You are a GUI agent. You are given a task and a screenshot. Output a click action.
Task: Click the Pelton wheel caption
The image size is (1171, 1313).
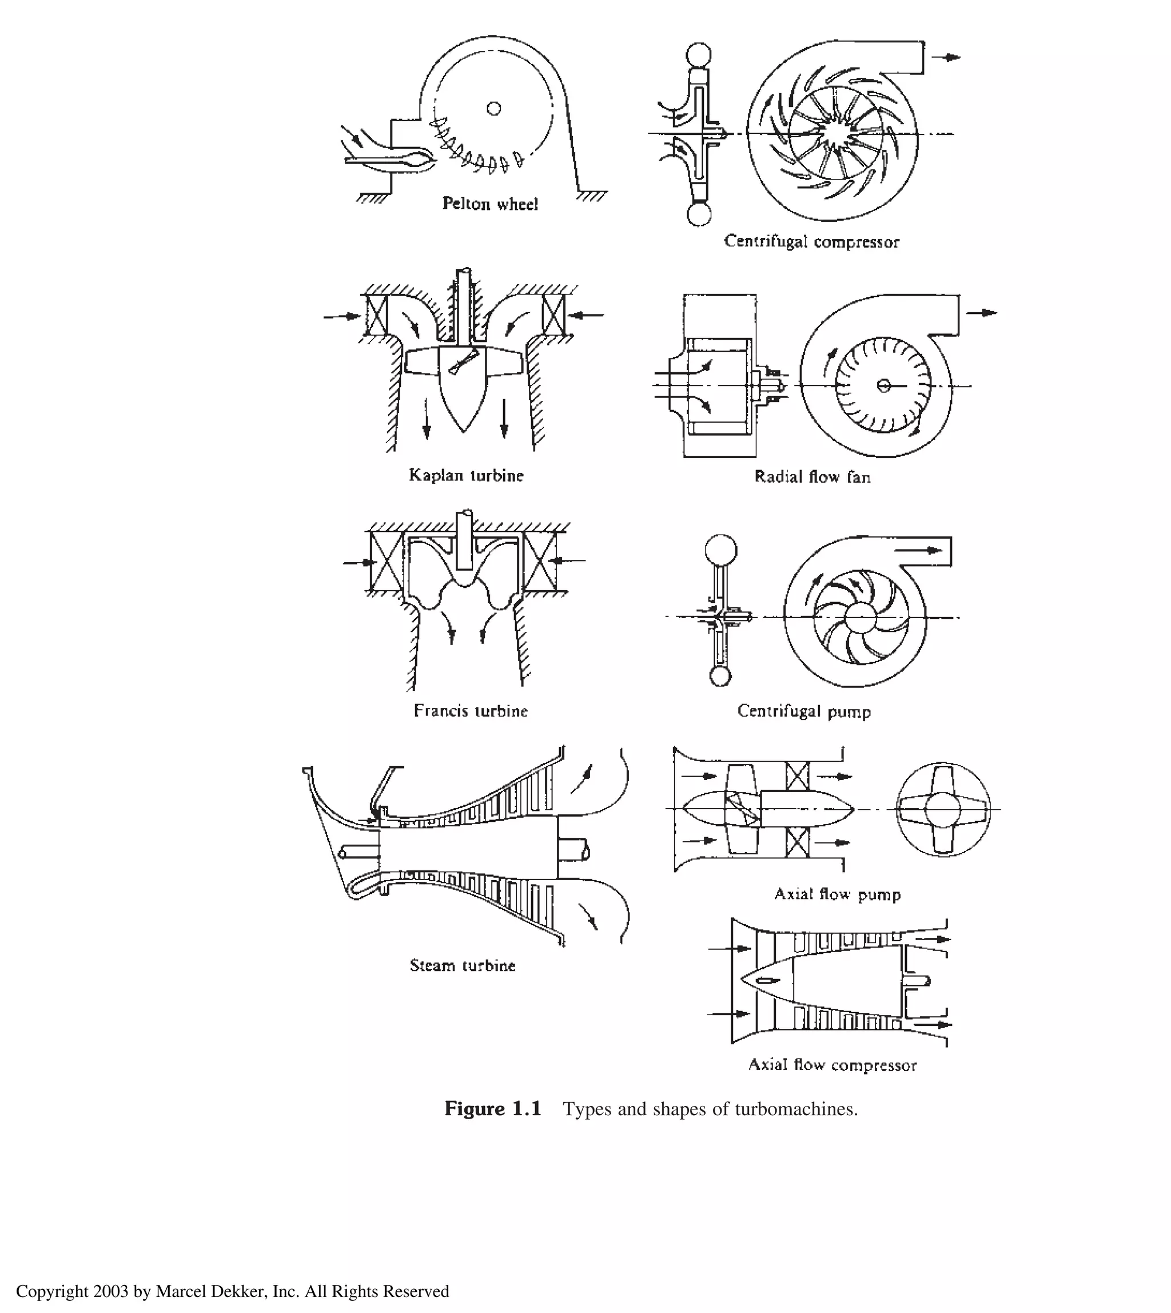tap(489, 204)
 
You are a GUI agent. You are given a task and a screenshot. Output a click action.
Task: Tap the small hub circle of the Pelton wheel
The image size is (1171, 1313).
tap(493, 108)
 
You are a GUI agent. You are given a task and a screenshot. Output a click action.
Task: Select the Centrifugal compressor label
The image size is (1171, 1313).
tap(811, 242)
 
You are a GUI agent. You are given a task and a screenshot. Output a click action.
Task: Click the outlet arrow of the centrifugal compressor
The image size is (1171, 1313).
tap(946, 57)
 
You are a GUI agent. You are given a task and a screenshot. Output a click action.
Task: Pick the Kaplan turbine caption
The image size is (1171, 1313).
tap(466, 476)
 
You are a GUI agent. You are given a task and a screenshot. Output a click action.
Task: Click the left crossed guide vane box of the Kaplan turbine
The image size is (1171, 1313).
tap(376, 314)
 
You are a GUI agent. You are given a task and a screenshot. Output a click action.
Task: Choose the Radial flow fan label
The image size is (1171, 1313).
tap(812, 477)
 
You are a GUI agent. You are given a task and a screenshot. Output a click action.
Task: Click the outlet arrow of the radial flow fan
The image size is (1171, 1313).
tap(981, 313)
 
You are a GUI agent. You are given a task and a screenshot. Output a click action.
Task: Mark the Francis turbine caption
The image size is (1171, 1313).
tap(471, 711)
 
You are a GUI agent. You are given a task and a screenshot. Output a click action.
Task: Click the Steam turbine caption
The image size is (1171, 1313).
tap(463, 965)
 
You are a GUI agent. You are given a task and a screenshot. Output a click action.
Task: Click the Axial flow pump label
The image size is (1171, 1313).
tap(837, 894)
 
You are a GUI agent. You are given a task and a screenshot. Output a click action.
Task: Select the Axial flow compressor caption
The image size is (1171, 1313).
tap(832, 1065)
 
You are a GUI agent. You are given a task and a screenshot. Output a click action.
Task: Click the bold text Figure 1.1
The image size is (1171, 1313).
tap(493, 1109)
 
